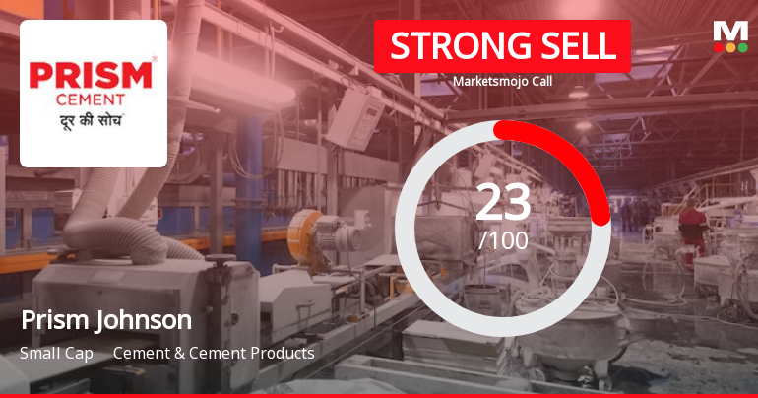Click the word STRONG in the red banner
[x=448, y=46]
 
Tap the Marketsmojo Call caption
[x=502, y=82]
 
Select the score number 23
[x=503, y=203]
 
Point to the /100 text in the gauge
[x=503, y=239]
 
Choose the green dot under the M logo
[x=742, y=46]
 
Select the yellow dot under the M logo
[x=730, y=46]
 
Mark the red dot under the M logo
[x=719, y=46]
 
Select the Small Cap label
[x=55, y=353]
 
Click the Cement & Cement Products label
[x=214, y=353]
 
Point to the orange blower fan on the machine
[x=305, y=232]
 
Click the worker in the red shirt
[x=692, y=225]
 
